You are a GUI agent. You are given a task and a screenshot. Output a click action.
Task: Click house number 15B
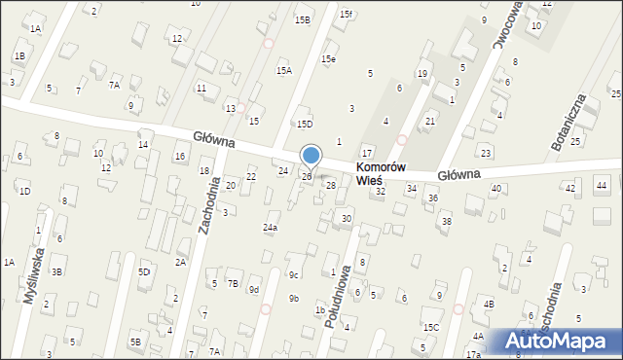click(x=303, y=19)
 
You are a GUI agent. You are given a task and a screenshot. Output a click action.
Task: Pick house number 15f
click(x=346, y=15)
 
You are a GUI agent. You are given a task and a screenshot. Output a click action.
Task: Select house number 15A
click(x=283, y=70)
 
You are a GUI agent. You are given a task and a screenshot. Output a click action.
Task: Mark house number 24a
click(x=271, y=228)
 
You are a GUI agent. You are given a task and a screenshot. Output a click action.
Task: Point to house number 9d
click(x=253, y=289)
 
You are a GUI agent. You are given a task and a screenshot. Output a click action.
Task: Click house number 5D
click(x=144, y=271)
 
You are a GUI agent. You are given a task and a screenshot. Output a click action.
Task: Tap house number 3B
click(x=57, y=271)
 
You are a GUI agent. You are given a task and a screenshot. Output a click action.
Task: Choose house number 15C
click(x=430, y=328)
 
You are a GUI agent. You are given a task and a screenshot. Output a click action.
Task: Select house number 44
click(x=602, y=185)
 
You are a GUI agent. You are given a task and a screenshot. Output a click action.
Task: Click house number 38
click(x=447, y=222)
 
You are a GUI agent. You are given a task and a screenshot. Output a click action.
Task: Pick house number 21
click(x=430, y=121)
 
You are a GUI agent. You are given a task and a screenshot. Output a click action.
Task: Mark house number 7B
click(x=233, y=283)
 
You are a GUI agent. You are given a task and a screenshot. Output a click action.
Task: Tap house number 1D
click(x=24, y=191)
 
